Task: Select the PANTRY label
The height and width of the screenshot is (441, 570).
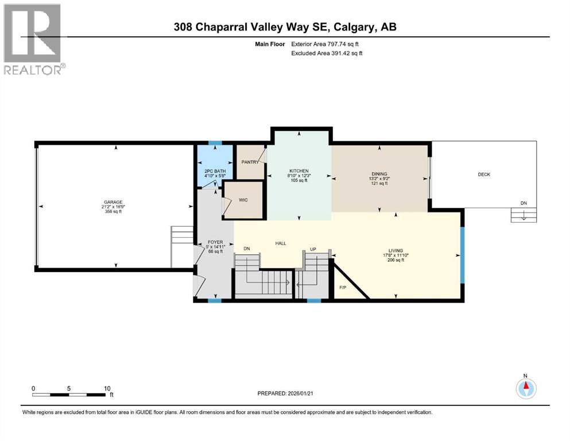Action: (x=250, y=163)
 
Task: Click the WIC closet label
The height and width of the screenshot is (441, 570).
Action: (x=243, y=200)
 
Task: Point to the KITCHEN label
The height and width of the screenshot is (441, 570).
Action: (x=298, y=171)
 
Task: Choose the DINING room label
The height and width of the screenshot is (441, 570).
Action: (x=379, y=174)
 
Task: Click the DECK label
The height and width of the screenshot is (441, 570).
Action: (x=484, y=175)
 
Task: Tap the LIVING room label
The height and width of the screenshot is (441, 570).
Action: (x=395, y=250)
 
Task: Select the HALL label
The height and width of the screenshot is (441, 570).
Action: (x=281, y=243)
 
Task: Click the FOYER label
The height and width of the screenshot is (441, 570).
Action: (x=215, y=242)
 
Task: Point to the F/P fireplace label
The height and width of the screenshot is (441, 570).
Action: (x=343, y=287)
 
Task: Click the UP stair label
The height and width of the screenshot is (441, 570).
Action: (x=312, y=249)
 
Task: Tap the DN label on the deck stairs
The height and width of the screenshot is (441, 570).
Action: (x=523, y=203)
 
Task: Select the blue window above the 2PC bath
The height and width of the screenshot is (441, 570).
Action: (x=215, y=143)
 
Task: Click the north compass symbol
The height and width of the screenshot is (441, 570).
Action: (x=525, y=389)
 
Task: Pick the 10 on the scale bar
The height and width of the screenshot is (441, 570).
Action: (x=107, y=388)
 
